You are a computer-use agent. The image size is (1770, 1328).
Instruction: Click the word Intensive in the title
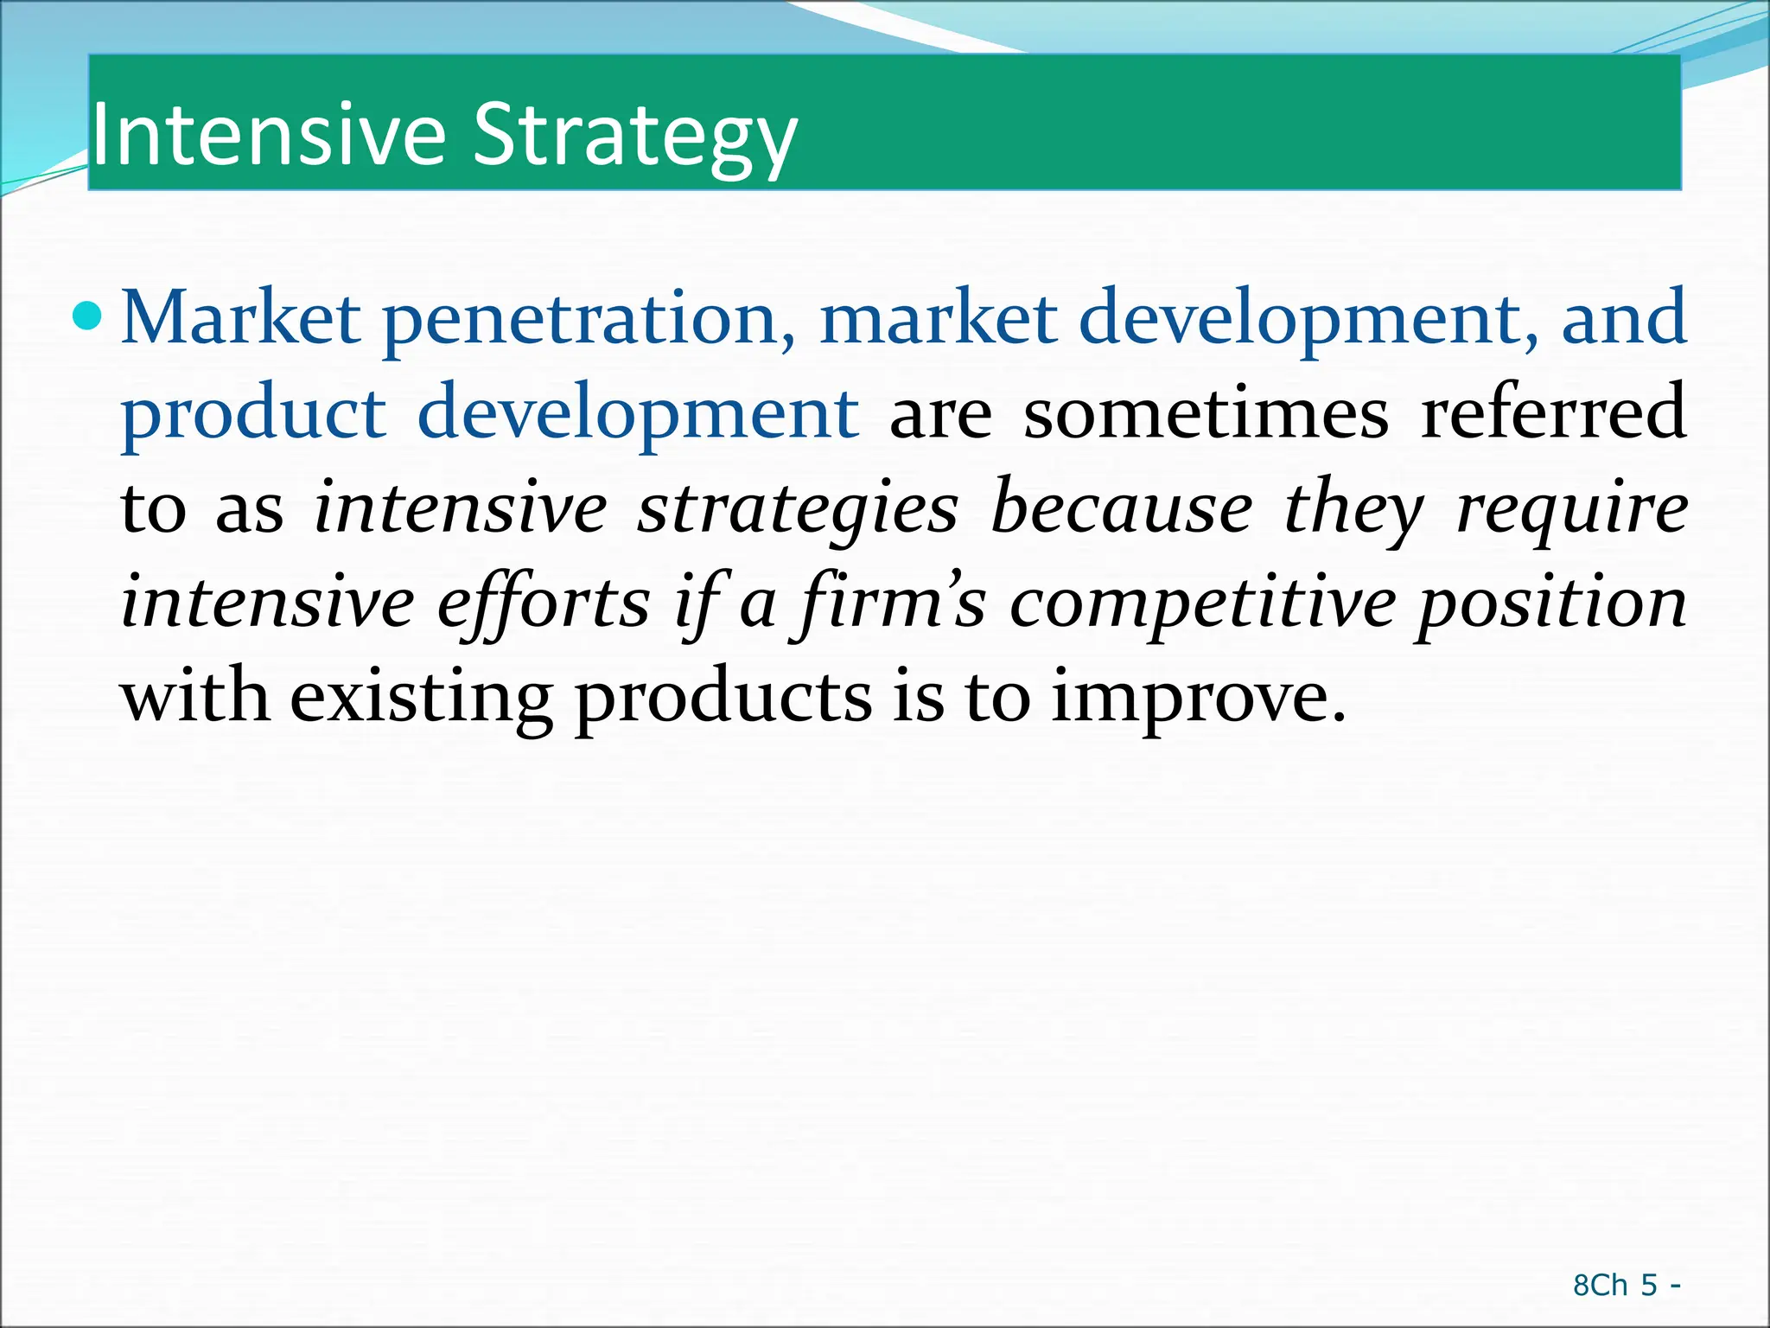268,135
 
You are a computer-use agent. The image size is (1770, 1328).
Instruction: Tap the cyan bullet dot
87,317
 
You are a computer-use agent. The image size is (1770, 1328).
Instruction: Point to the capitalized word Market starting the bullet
241,318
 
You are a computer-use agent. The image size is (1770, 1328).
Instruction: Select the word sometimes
1207,414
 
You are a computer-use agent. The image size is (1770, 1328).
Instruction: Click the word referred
1554,414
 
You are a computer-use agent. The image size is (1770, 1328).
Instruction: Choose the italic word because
1122,508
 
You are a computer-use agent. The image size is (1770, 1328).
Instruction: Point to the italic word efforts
544,603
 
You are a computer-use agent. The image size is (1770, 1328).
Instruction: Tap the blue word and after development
1624,318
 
